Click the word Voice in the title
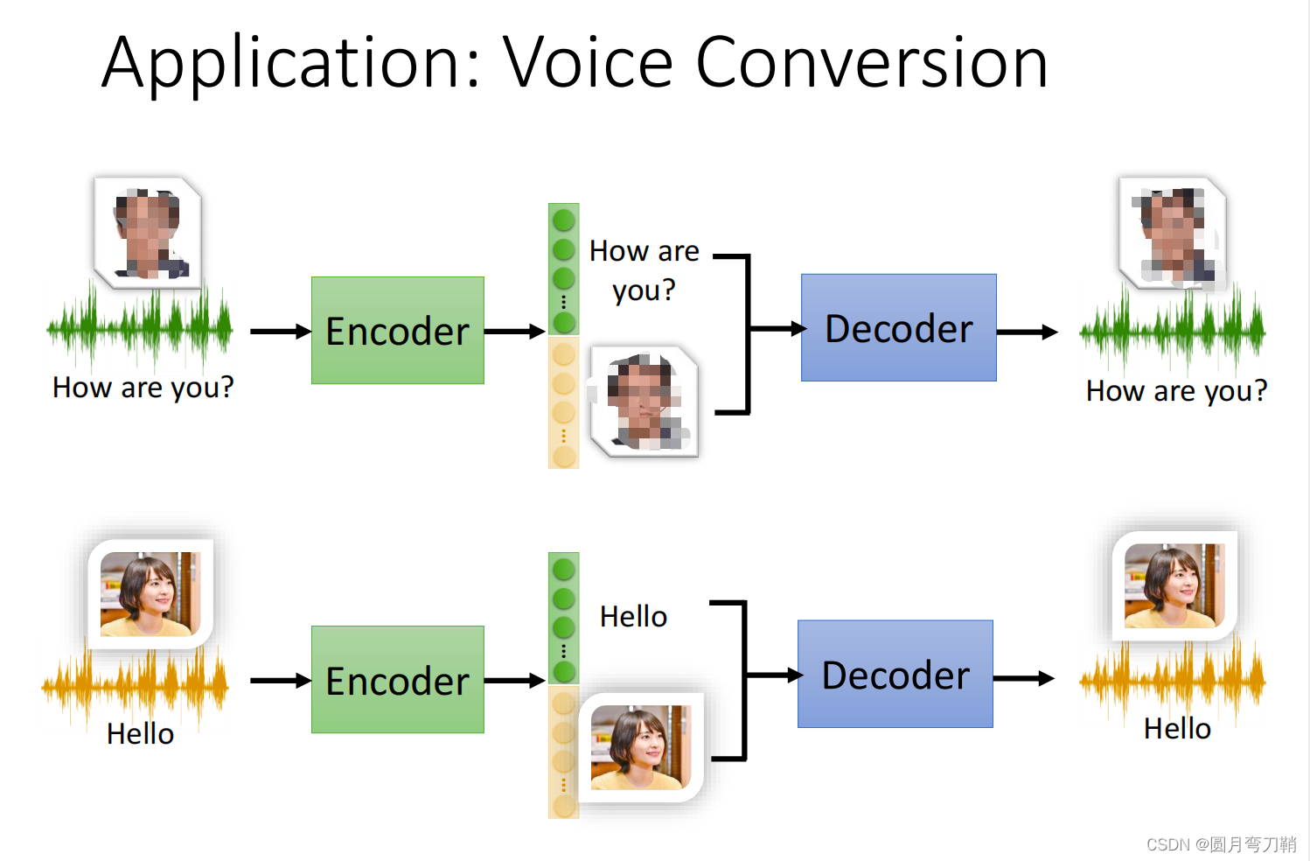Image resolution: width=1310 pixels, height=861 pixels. tap(588, 63)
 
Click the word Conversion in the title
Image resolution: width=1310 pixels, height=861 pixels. tap(871, 63)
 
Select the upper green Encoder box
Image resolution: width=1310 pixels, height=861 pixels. tap(397, 331)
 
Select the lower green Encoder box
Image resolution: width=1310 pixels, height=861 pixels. tap(397, 680)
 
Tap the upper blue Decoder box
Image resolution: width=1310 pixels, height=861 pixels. tap(898, 328)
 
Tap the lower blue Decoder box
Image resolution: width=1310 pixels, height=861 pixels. tap(895, 675)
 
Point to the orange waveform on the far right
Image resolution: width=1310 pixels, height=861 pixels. tap(1172, 679)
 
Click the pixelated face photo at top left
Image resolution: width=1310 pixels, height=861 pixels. tap(149, 232)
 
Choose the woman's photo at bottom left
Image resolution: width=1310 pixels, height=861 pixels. tap(150, 593)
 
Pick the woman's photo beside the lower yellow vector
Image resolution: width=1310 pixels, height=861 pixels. tap(641, 747)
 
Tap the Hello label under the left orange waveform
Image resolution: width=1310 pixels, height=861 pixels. tap(140, 734)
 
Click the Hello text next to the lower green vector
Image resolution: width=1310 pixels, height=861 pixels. tap(633, 617)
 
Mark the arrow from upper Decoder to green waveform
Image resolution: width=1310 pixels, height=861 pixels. tap(1027, 332)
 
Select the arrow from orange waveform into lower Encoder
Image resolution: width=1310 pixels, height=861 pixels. tap(280, 681)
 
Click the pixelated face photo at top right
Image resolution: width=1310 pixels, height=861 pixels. tap(1173, 233)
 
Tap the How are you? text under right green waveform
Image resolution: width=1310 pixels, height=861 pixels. tap(1176, 391)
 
